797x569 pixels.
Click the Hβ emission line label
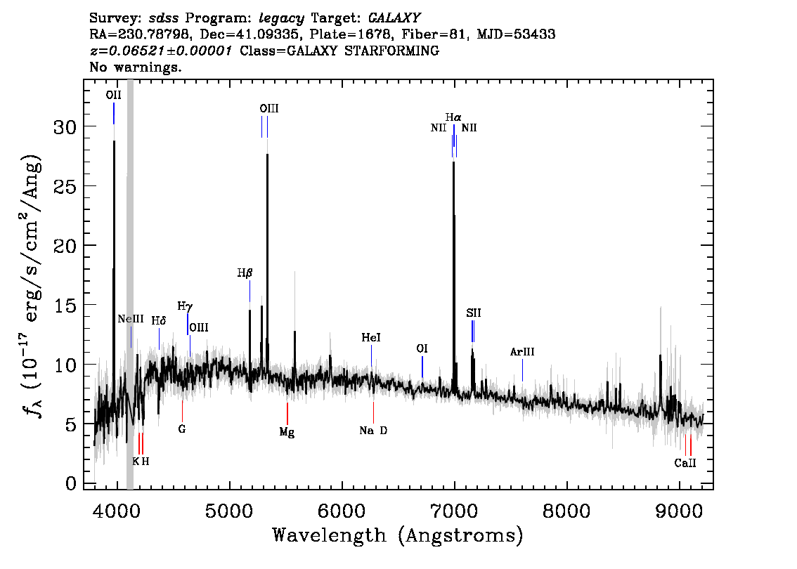244,273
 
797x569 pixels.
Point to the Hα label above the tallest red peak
453,117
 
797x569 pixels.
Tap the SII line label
473,313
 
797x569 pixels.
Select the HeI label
371,338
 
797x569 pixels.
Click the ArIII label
522,352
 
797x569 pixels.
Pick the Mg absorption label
287,432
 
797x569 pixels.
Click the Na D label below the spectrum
373,431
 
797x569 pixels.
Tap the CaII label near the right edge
685,463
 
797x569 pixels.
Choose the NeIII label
131,319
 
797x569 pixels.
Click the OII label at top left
113,95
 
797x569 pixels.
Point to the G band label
182,429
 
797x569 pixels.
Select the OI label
422,348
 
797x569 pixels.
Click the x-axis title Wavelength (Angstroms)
398,536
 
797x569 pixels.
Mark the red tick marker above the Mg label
287,412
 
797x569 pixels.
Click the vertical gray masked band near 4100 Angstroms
130,281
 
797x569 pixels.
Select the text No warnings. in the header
136,67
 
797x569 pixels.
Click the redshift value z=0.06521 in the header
160,51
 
